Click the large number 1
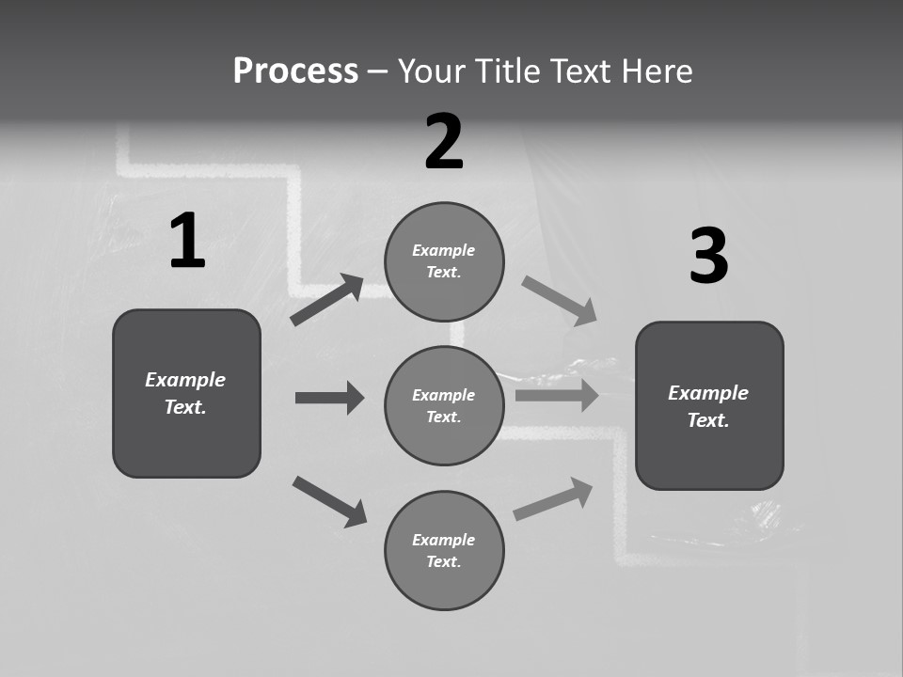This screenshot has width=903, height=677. click(187, 242)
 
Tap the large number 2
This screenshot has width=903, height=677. click(444, 142)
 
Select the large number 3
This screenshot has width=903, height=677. click(708, 257)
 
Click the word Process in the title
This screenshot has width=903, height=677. click(295, 71)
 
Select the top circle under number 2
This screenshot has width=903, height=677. click(444, 261)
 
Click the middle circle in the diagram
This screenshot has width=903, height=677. click(444, 406)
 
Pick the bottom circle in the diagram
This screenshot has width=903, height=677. click(444, 551)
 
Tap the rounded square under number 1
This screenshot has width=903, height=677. click(186, 393)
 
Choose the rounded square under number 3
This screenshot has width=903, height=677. click(709, 406)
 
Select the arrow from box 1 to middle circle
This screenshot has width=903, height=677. click(329, 398)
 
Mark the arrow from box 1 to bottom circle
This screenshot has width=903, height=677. click(329, 501)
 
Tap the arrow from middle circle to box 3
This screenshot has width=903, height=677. click(557, 395)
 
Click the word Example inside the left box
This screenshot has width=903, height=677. click(185, 380)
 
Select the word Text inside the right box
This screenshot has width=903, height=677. click(706, 420)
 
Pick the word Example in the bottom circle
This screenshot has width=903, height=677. click(443, 540)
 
